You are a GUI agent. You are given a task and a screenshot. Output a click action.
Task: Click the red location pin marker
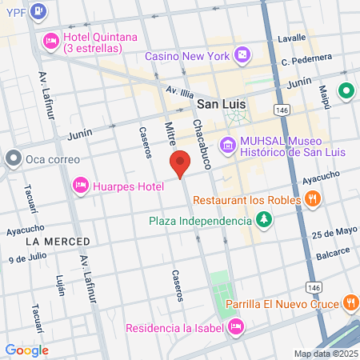pos(181,163)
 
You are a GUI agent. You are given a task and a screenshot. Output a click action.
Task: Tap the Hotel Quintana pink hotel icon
pos(50,40)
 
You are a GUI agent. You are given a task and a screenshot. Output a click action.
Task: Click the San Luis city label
pos(222,104)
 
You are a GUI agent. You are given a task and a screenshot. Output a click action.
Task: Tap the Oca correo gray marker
pos(13,158)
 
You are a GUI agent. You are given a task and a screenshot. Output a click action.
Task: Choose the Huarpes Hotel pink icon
pos(80,186)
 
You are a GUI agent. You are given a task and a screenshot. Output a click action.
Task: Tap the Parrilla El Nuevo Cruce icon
pos(350,302)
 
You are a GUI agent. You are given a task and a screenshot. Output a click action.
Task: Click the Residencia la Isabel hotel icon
pos(236,326)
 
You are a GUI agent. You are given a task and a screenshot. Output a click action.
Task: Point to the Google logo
pos(26,350)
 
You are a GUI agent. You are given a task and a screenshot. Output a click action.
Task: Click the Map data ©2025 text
pos(325,354)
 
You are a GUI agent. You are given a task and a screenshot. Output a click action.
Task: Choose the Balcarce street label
pos(333,253)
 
